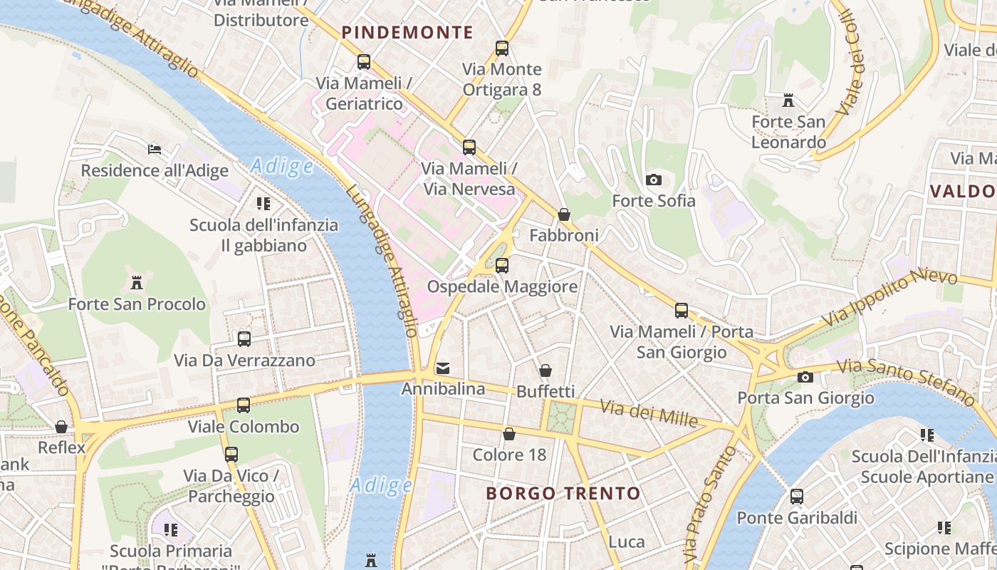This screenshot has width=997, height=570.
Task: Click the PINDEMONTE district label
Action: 407,32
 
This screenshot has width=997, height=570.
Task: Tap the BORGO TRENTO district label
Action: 563,493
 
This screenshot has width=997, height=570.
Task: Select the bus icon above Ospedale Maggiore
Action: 502,266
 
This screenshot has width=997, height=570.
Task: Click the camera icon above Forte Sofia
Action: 653,180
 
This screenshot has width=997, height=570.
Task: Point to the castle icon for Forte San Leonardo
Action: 788,100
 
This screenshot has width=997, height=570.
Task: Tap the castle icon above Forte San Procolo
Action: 137,283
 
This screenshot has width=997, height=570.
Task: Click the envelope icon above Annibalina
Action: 443,368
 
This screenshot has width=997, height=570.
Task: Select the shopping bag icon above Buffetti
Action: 546,370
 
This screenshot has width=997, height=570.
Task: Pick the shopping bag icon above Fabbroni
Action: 564,214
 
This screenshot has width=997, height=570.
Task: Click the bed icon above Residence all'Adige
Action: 155,149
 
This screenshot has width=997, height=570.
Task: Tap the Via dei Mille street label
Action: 648,413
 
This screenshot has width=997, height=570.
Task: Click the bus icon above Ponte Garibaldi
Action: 797,497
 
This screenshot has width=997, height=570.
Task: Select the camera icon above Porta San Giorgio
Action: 805,377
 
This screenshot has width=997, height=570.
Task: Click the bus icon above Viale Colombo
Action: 244,405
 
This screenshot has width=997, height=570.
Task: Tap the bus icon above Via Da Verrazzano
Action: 244,339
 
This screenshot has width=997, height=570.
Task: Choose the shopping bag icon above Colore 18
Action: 509,434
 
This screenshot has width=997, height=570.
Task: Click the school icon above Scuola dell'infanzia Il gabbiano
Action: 263,204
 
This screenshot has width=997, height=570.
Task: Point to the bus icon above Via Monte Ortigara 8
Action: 502,48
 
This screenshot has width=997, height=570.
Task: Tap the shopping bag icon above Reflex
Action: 62,427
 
